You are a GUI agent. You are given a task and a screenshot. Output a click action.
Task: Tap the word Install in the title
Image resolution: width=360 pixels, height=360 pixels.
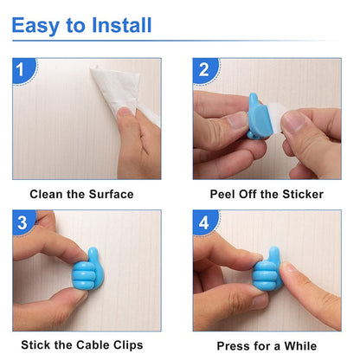pyautogui.click(x=122, y=25)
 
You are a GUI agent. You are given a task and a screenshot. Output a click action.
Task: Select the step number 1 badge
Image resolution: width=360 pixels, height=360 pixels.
pyautogui.click(x=25, y=68)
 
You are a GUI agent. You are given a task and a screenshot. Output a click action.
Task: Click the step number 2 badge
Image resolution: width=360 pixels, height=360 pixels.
pyautogui.click(x=205, y=68)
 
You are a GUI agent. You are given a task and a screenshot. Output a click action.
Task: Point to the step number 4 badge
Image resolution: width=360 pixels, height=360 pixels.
pyautogui.click(x=205, y=222)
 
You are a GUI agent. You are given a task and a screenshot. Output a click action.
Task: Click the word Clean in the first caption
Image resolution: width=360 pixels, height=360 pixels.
pyautogui.click(x=48, y=194)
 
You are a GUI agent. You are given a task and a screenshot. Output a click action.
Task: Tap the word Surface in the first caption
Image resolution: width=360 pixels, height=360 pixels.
pyautogui.click(x=110, y=194)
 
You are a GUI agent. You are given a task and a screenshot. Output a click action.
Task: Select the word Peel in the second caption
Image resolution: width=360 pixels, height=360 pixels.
pyautogui.click(x=224, y=194)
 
